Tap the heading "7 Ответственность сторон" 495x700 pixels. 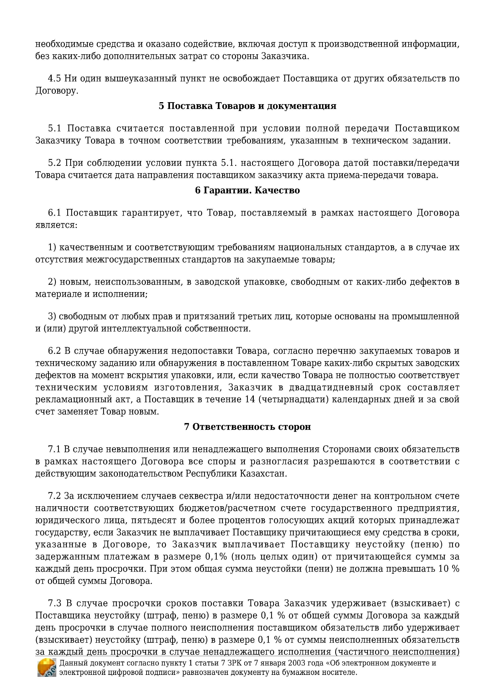pyautogui.click(x=247, y=426)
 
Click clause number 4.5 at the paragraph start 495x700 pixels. pyautogui.click(x=54, y=78)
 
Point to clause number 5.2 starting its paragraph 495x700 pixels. pyautogui.click(x=54, y=163)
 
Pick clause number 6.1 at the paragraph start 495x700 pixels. pyautogui.click(x=54, y=213)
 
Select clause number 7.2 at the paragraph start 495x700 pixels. pyautogui.click(x=54, y=496)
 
